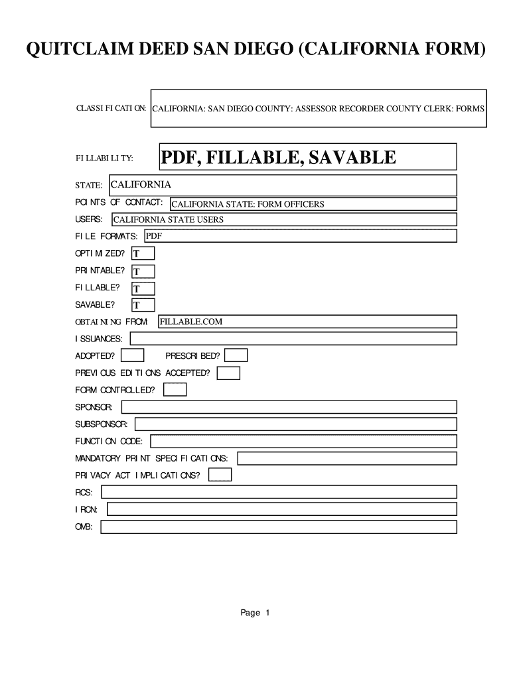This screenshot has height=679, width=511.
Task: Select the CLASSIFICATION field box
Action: pos(319,108)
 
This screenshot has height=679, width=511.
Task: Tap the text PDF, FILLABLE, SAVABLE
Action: pos(278,158)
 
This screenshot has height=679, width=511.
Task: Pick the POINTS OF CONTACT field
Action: pos(313,204)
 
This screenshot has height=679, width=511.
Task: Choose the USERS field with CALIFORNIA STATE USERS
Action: pos(284,219)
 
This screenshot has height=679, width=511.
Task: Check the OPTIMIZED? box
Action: pos(143,253)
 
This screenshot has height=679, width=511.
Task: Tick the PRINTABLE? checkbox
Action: pos(143,271)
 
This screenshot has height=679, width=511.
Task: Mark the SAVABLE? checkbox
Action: pos(143,305)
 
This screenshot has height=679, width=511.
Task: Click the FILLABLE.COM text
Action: pos(191,322)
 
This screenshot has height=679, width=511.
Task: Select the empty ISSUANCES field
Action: pos(293,339)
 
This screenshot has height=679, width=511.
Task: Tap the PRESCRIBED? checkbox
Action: pos(236,356)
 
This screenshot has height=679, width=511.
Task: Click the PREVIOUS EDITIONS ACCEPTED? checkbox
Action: pos(228,373)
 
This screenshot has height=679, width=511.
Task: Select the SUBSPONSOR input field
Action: pos(295,424)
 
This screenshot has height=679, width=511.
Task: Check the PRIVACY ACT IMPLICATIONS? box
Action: pos(220,475)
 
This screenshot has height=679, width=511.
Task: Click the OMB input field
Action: pos(278,527)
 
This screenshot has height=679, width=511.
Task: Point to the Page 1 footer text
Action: pos(255,613)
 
